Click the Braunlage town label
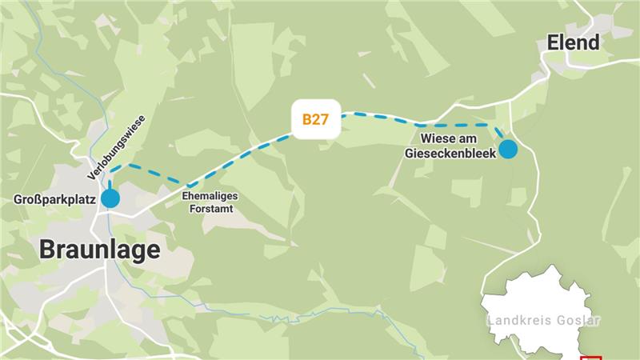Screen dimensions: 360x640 tap(100, 250)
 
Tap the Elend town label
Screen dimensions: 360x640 tap(573, 42)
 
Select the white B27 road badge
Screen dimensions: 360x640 tap(315, 120)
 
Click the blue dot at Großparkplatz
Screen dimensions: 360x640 tap(110, 198)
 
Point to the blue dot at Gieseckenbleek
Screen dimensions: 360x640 tap(508, 149)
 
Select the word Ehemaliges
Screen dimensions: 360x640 tap(210, 194)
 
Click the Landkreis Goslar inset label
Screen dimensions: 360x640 tap(543, 321)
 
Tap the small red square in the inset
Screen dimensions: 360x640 tap(593, 358)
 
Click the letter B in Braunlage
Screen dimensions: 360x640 tap(50, 250)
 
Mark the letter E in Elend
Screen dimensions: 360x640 tap(553, 42)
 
